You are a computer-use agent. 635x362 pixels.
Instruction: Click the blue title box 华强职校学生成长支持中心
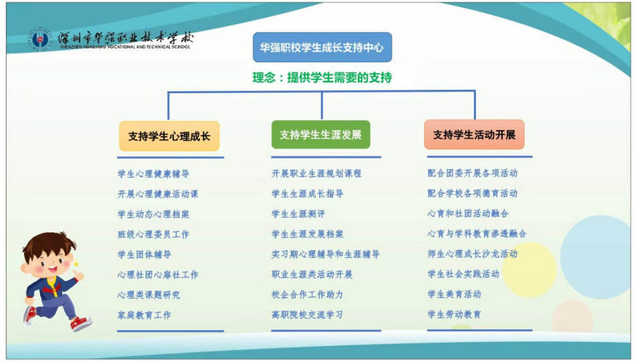point(322,47)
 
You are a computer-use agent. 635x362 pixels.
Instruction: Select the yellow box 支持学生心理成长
point(169,136)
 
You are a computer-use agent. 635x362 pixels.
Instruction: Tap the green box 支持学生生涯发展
point(321,135)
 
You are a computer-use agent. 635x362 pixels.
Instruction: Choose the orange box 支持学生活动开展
point(474,135)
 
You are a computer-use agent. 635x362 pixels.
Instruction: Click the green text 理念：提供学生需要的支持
point(322,77)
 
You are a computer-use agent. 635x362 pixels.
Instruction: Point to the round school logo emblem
point(39,39)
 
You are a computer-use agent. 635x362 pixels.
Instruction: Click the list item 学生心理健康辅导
point(154,174)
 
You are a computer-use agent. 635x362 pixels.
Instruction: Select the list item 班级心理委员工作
point(154,234)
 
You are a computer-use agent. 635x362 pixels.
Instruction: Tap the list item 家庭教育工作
point(144,315)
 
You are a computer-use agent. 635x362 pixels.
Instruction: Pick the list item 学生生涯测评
point(299,214)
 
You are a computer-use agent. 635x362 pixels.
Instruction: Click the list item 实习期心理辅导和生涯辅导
point(326,254)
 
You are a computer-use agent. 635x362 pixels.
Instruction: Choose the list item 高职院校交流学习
point(307,315)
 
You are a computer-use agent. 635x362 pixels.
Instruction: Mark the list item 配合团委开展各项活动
point(473,173)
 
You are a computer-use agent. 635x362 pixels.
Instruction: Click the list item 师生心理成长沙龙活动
point(473,254)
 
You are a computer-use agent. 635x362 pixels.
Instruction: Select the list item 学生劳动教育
point(455,315)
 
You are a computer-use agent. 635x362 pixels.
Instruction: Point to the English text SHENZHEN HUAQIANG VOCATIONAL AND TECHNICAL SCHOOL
point(125,47)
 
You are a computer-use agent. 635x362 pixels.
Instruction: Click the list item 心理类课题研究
point(149,295)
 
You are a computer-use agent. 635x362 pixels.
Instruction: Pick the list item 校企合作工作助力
point(307,295)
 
